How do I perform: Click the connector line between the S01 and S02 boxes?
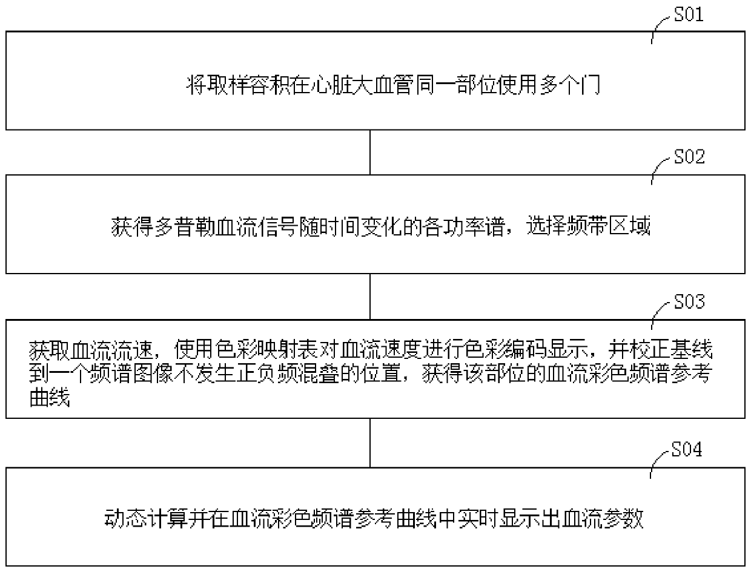(x=370, y=153)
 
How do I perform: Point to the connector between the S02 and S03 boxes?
(x=370, y=297)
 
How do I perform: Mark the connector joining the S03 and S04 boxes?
(x=370, y=442)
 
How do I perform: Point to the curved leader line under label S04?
(x=658, y=466)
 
